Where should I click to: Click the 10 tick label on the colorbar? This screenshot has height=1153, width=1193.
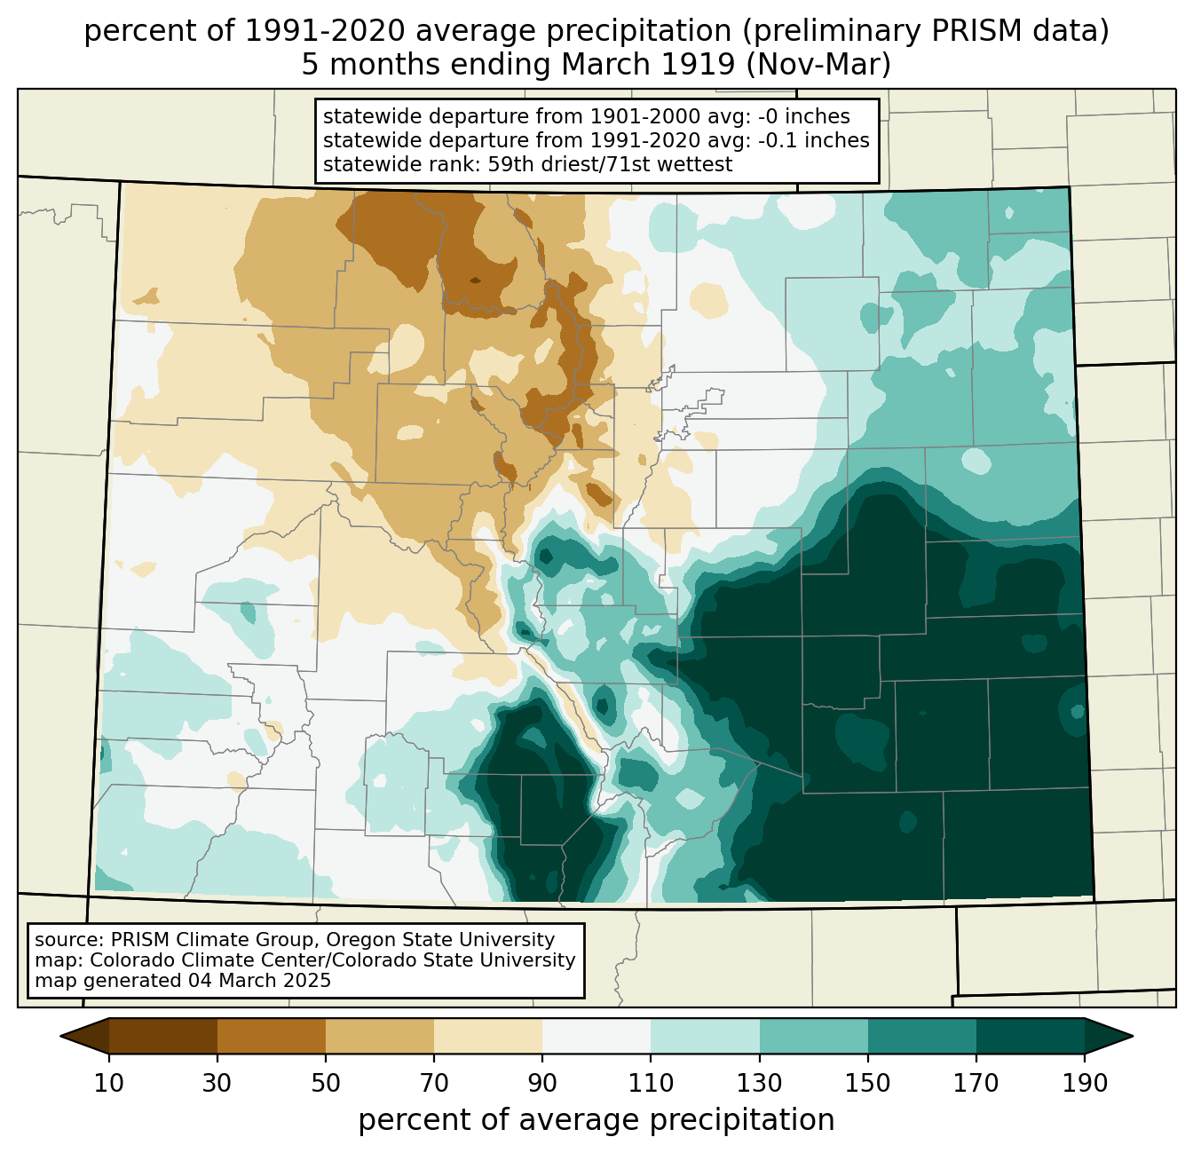[108, 1084]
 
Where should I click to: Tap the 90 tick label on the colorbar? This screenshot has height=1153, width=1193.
[542, 1084]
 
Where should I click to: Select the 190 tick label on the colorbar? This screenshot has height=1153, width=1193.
[1085, 1084]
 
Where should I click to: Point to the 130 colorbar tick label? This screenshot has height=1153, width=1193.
[759, 1084]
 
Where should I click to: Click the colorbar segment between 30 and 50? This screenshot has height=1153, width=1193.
[271, 1036]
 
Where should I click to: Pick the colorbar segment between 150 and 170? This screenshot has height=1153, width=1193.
[921, 1036]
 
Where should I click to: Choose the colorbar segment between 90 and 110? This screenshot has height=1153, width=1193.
[596, 1036]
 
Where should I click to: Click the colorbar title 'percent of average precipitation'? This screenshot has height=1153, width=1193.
[596, 1119]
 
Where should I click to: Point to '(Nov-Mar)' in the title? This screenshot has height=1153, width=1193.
[818, 65]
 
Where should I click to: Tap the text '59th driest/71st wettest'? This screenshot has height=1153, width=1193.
[610, 164]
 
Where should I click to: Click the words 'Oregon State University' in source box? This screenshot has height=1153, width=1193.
[440, 940]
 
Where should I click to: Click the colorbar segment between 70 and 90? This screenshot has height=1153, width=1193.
[488, 1036]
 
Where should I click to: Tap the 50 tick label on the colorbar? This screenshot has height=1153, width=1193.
[325, 1084]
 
